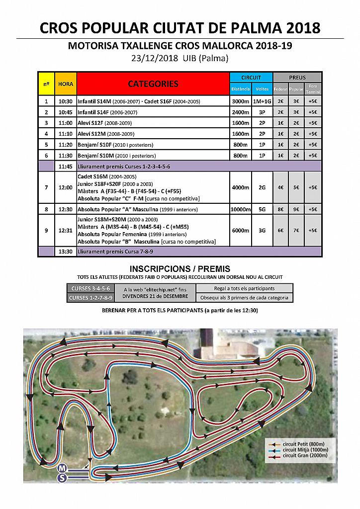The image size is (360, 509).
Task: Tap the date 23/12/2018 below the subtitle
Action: coord(153,59)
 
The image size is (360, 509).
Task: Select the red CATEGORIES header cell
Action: coord(153,84)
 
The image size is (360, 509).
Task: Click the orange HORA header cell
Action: coord(65,84)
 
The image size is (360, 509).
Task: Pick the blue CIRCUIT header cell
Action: coord(251,78)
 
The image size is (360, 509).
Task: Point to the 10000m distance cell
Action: coord(240,209)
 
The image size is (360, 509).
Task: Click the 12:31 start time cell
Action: coord(65,230)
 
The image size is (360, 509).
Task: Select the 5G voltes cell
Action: coord(262,209)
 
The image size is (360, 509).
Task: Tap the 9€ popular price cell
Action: coord(296,209)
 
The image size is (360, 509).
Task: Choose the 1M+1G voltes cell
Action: coord(262,101)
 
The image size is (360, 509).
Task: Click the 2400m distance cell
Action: coord(240,112)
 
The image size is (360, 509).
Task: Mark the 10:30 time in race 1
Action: coord(65,101)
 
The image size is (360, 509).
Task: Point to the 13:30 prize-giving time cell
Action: coord(65,251)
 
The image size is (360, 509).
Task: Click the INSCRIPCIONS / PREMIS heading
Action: coord(180,268)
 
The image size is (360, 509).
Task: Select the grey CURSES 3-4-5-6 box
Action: coord(90,288)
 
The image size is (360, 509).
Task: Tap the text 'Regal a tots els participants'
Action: coord(244,288)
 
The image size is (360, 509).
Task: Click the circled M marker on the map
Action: coord(62,468)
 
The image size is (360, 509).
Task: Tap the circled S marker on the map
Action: coord(62,477)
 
